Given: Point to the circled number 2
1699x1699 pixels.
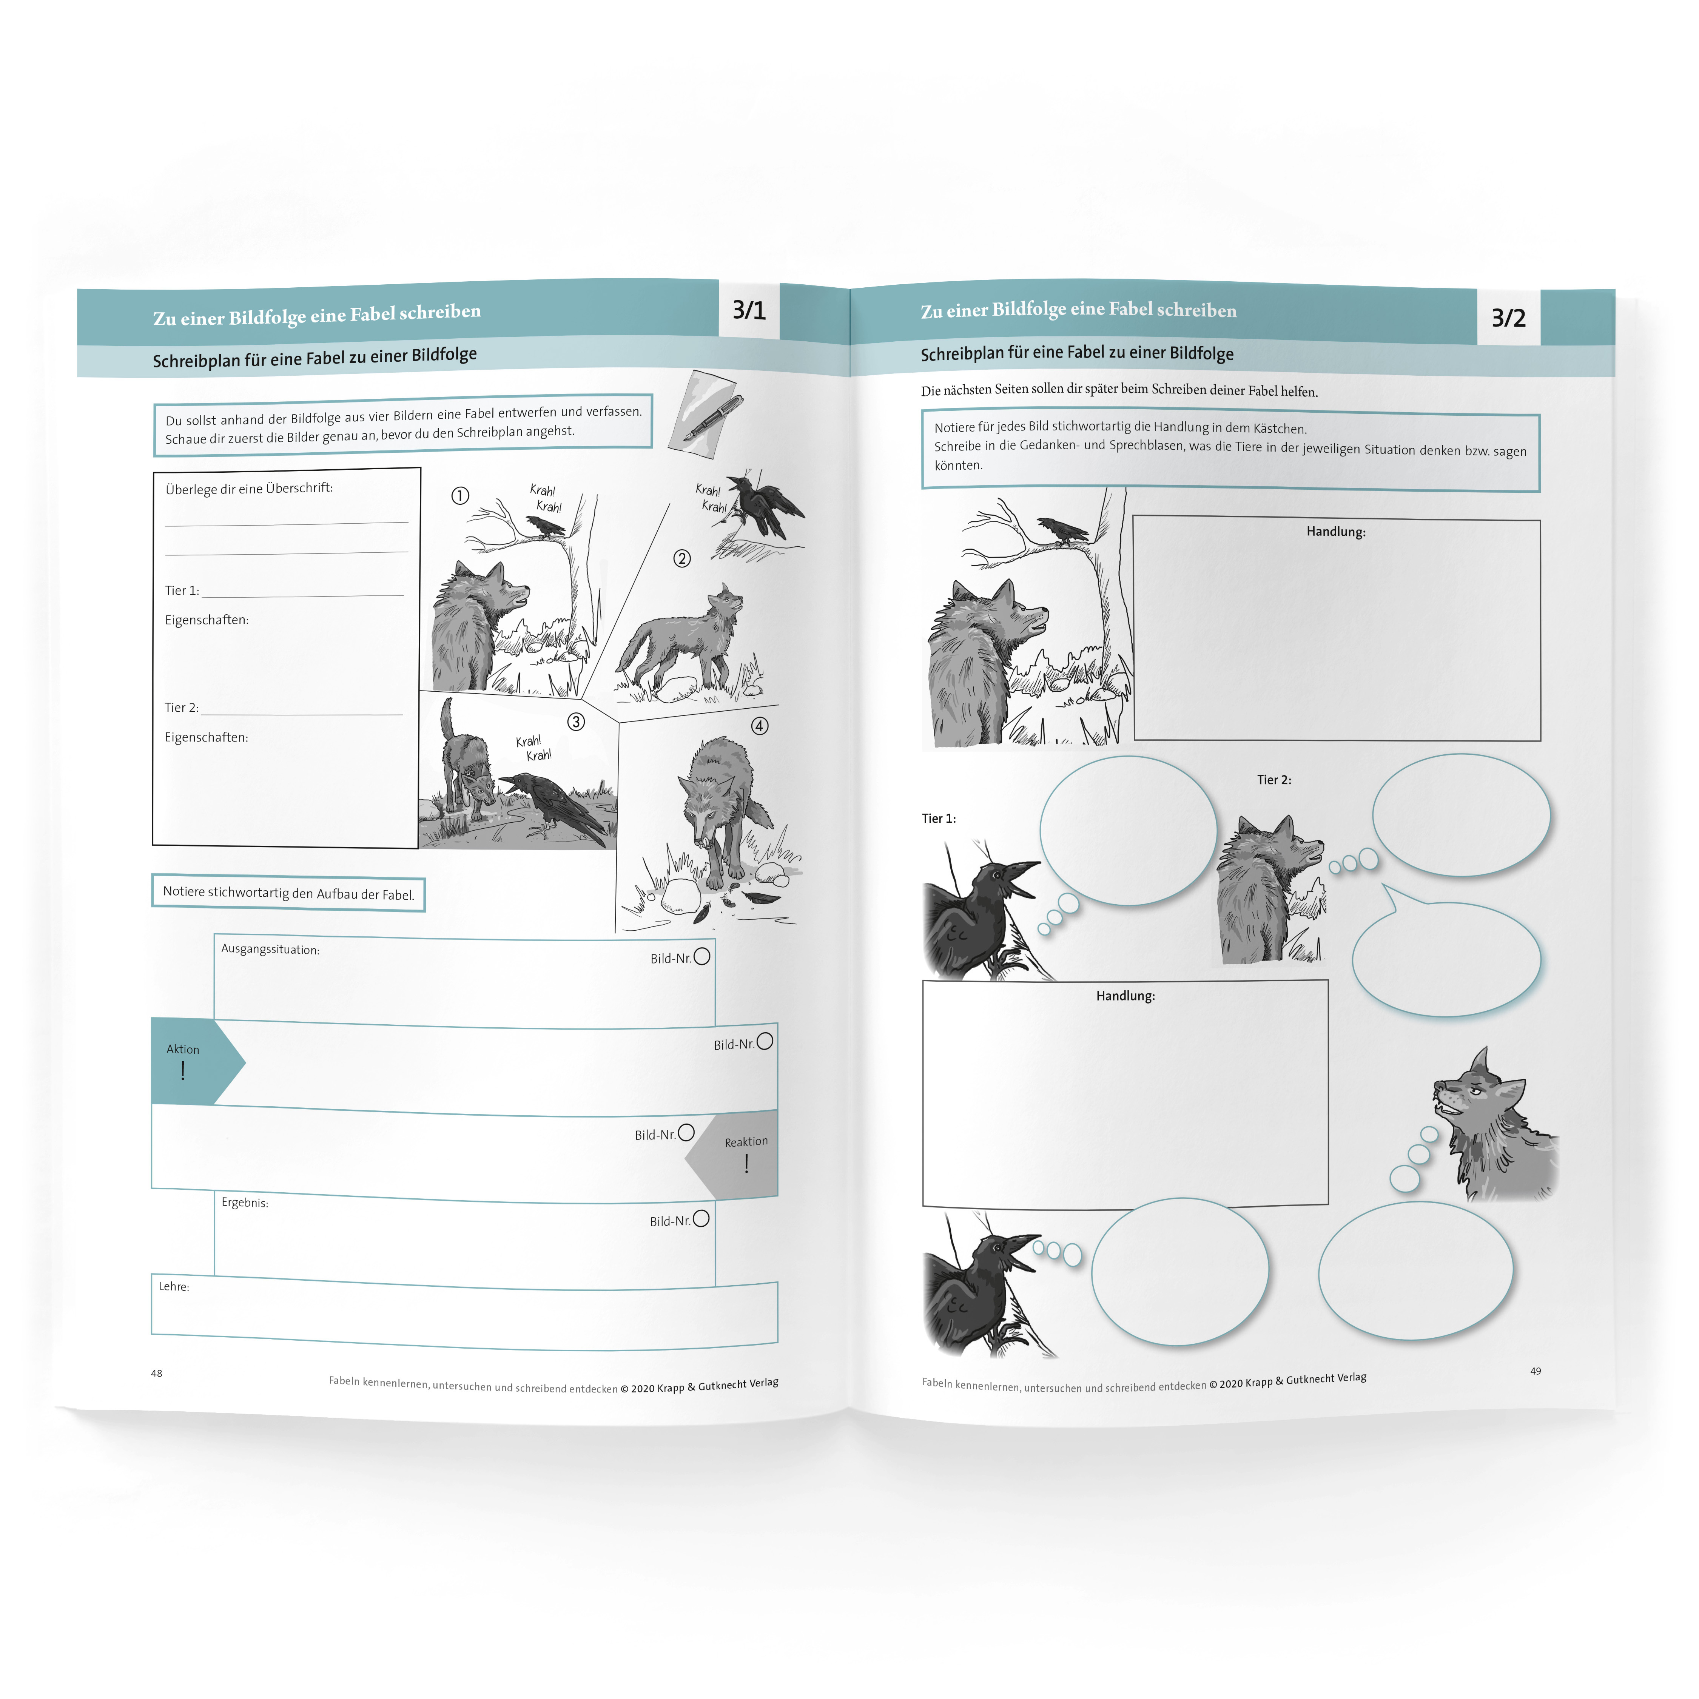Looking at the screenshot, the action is point(681,558).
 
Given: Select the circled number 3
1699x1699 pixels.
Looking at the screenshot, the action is point(576,722).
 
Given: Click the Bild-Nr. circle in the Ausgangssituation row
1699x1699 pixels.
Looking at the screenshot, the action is point(702,956).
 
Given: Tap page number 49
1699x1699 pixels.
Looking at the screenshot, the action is point(1536,1371).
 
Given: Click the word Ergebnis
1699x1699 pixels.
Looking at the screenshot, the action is point(245,1202).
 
